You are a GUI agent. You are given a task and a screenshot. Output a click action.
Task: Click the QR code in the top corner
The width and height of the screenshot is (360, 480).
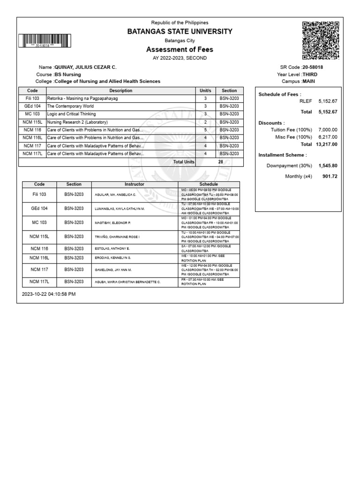tap(321, 40)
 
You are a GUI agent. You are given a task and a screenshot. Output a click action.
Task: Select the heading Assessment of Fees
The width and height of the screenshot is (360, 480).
tap(180, 50)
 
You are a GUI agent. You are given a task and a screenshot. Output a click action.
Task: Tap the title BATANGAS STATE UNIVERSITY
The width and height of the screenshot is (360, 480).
tap(180, 31)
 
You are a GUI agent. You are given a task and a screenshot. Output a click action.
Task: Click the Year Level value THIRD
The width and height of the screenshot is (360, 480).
tap(310, 75)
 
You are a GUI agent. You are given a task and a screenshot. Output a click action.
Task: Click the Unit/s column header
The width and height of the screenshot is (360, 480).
tap(205, 90)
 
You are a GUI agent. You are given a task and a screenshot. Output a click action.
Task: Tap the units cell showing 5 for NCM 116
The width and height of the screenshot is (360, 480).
tap(205, 130)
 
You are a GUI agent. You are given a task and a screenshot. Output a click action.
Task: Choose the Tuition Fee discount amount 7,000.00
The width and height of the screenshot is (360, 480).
tap(328, 129)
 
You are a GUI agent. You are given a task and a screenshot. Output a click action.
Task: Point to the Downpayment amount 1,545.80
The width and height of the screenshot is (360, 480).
tap(328, 166)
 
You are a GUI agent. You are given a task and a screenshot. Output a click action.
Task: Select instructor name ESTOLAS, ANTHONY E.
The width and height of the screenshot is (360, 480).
tap(112, 248)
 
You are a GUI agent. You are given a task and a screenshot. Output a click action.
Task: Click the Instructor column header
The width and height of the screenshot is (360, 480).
tap(135, 185)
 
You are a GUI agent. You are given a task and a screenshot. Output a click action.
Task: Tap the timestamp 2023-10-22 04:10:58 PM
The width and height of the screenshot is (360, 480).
tap(49, 294)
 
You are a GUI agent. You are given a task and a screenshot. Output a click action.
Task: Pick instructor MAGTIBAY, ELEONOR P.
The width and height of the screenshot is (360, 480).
tap(112, 223)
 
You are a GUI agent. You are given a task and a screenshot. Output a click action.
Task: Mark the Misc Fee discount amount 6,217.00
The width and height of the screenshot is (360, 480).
tap(328, 137)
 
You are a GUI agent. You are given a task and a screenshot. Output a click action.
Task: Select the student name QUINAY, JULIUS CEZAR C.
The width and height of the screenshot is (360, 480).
tap(86, 67)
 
